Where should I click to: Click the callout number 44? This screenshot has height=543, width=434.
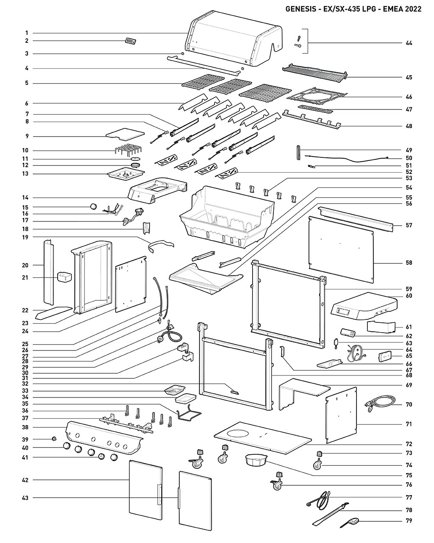point(409,43)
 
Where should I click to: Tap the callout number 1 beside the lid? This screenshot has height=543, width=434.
point(27,33)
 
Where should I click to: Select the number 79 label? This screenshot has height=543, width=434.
point(409,521)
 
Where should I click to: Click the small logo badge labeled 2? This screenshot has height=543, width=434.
point(131,41)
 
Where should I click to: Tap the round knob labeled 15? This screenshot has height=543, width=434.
point(93,207)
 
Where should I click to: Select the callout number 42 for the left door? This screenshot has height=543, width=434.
point(25,480)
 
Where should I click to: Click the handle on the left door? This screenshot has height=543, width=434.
point(159,494)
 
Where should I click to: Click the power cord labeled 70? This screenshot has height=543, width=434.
point(379,404)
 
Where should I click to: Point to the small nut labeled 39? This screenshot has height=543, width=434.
point(53,439)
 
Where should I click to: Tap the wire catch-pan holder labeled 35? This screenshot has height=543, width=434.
point(189,414)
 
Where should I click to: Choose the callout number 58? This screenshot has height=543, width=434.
point(409,263)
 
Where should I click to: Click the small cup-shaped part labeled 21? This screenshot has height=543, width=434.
point(64,277)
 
